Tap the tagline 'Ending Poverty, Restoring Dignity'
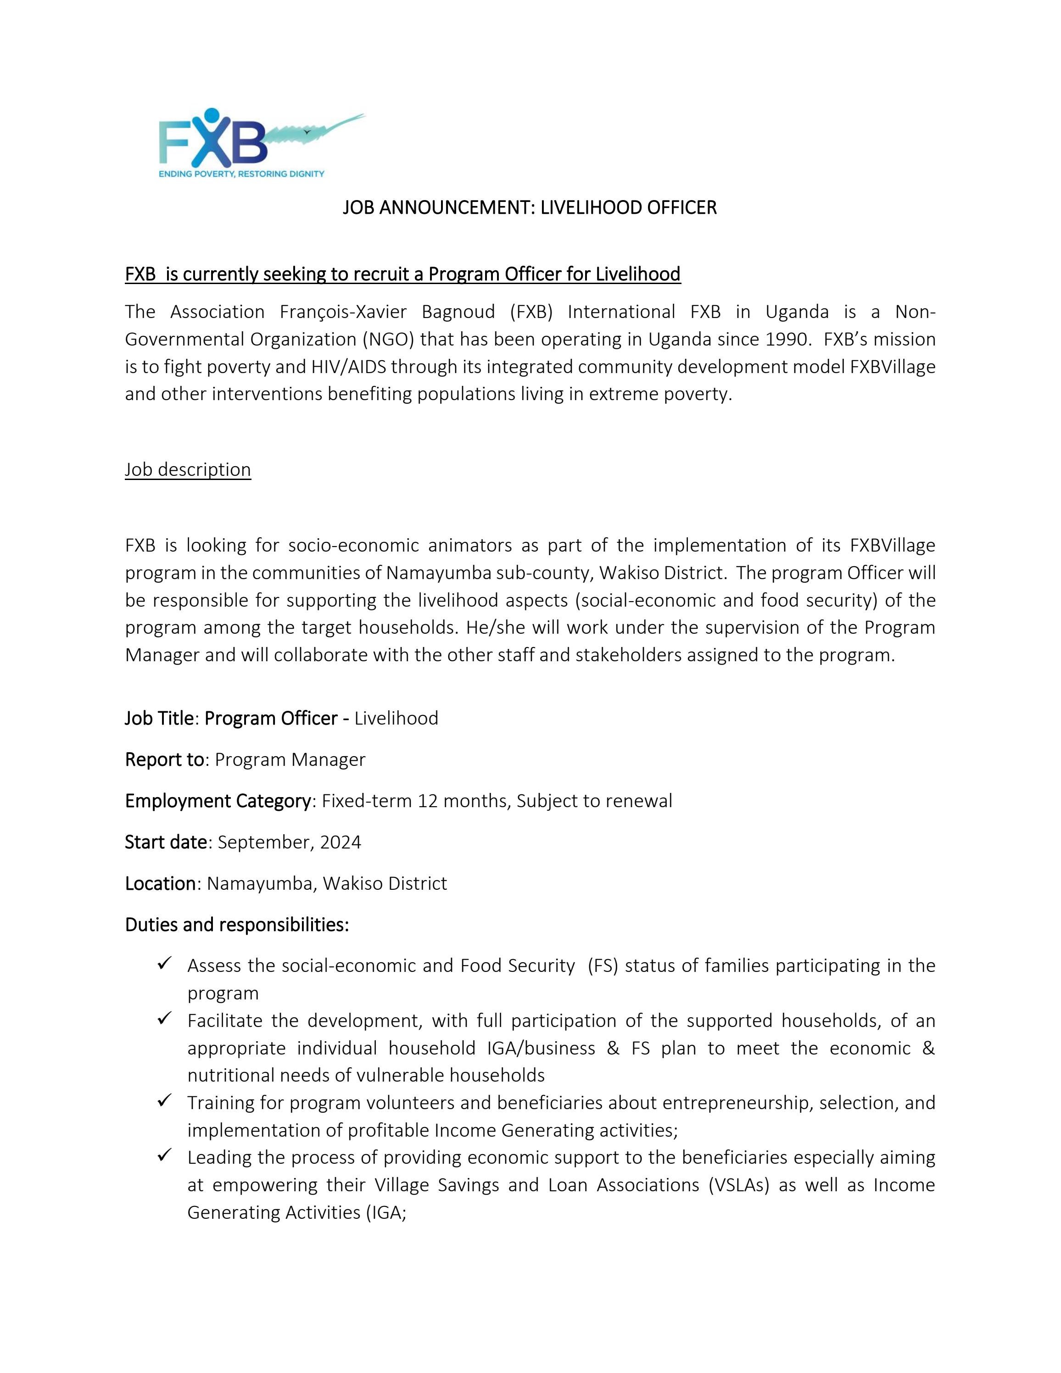[x=241, y=173]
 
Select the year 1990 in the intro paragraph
[x=786, y=340]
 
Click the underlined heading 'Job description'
[x=188, y=469]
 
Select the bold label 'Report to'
[x=164, y=759]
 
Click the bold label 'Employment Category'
[x=218, y=801]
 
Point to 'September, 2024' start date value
[x=289, y=843]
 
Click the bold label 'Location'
[x=160, y=883]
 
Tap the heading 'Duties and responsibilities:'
[x=237, y=925]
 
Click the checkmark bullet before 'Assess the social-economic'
[x=165, y=963]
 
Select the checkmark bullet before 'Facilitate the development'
[x=165, y=1018]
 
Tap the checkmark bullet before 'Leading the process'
[x=165, y=1155]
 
